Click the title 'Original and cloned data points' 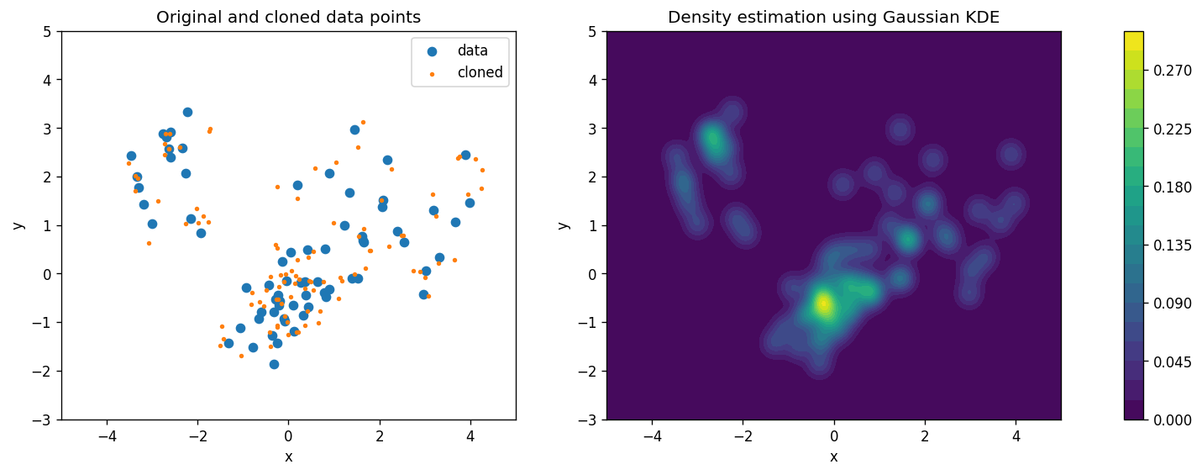pyautogui.click(x=288, y=17)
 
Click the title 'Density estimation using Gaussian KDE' pyautogui.click(x=833, y=17)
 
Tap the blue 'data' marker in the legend pyautogui.click(x=432, y=51)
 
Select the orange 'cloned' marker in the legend pyautogui.click(x=432, y=74)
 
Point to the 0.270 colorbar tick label pyautogui.click(x=1172, y=71)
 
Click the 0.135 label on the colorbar pyautogui.click(x=1172, y=245)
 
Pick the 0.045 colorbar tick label pyautogui.click(x=1172, y=362)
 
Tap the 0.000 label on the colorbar pyautogui.click(x=1172, y=420)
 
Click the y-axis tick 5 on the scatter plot pyautogui.click(x=48, y=32)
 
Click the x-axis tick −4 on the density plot pyautogui.click(x=652, y=436)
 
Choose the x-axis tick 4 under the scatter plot pyautogui.click(x=470, y=436)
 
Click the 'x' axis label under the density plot pyautogui.click(x=833, y=457)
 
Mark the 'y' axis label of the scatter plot pyautogui.click(x=18, y=225)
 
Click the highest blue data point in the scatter pyautogui.click(x=187, y=113)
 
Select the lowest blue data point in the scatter pyautogui.click(x=274, y=364)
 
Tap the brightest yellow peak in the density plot pyautogui.click(x=822, y=304)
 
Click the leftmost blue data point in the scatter pyautogui.click(x=131, y=156)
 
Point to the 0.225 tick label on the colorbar pyautogui.click(x=1172, y=129)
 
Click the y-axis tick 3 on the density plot pyautogui.click(x=592, y=129)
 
